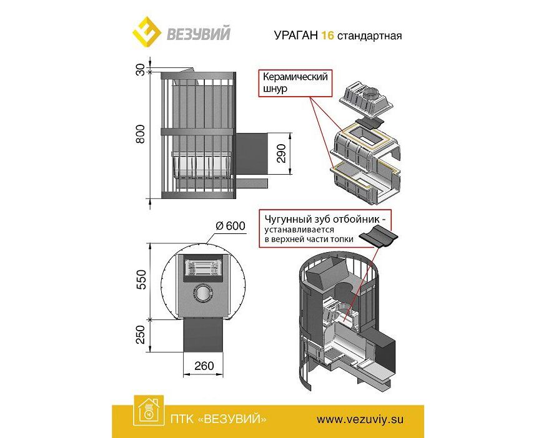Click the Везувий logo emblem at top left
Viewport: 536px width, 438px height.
(145, 31)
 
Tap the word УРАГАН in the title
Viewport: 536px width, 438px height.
(295, 36)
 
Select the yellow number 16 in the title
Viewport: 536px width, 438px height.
(327, 36)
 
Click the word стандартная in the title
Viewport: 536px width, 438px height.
(369, 36)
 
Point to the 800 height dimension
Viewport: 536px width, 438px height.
(141, 135)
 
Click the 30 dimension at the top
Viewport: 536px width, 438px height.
(141, 71)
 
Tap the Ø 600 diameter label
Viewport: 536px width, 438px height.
(229, 226)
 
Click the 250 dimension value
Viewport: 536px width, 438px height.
(141, 337)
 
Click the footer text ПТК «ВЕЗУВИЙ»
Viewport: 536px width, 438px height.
(217, 418)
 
